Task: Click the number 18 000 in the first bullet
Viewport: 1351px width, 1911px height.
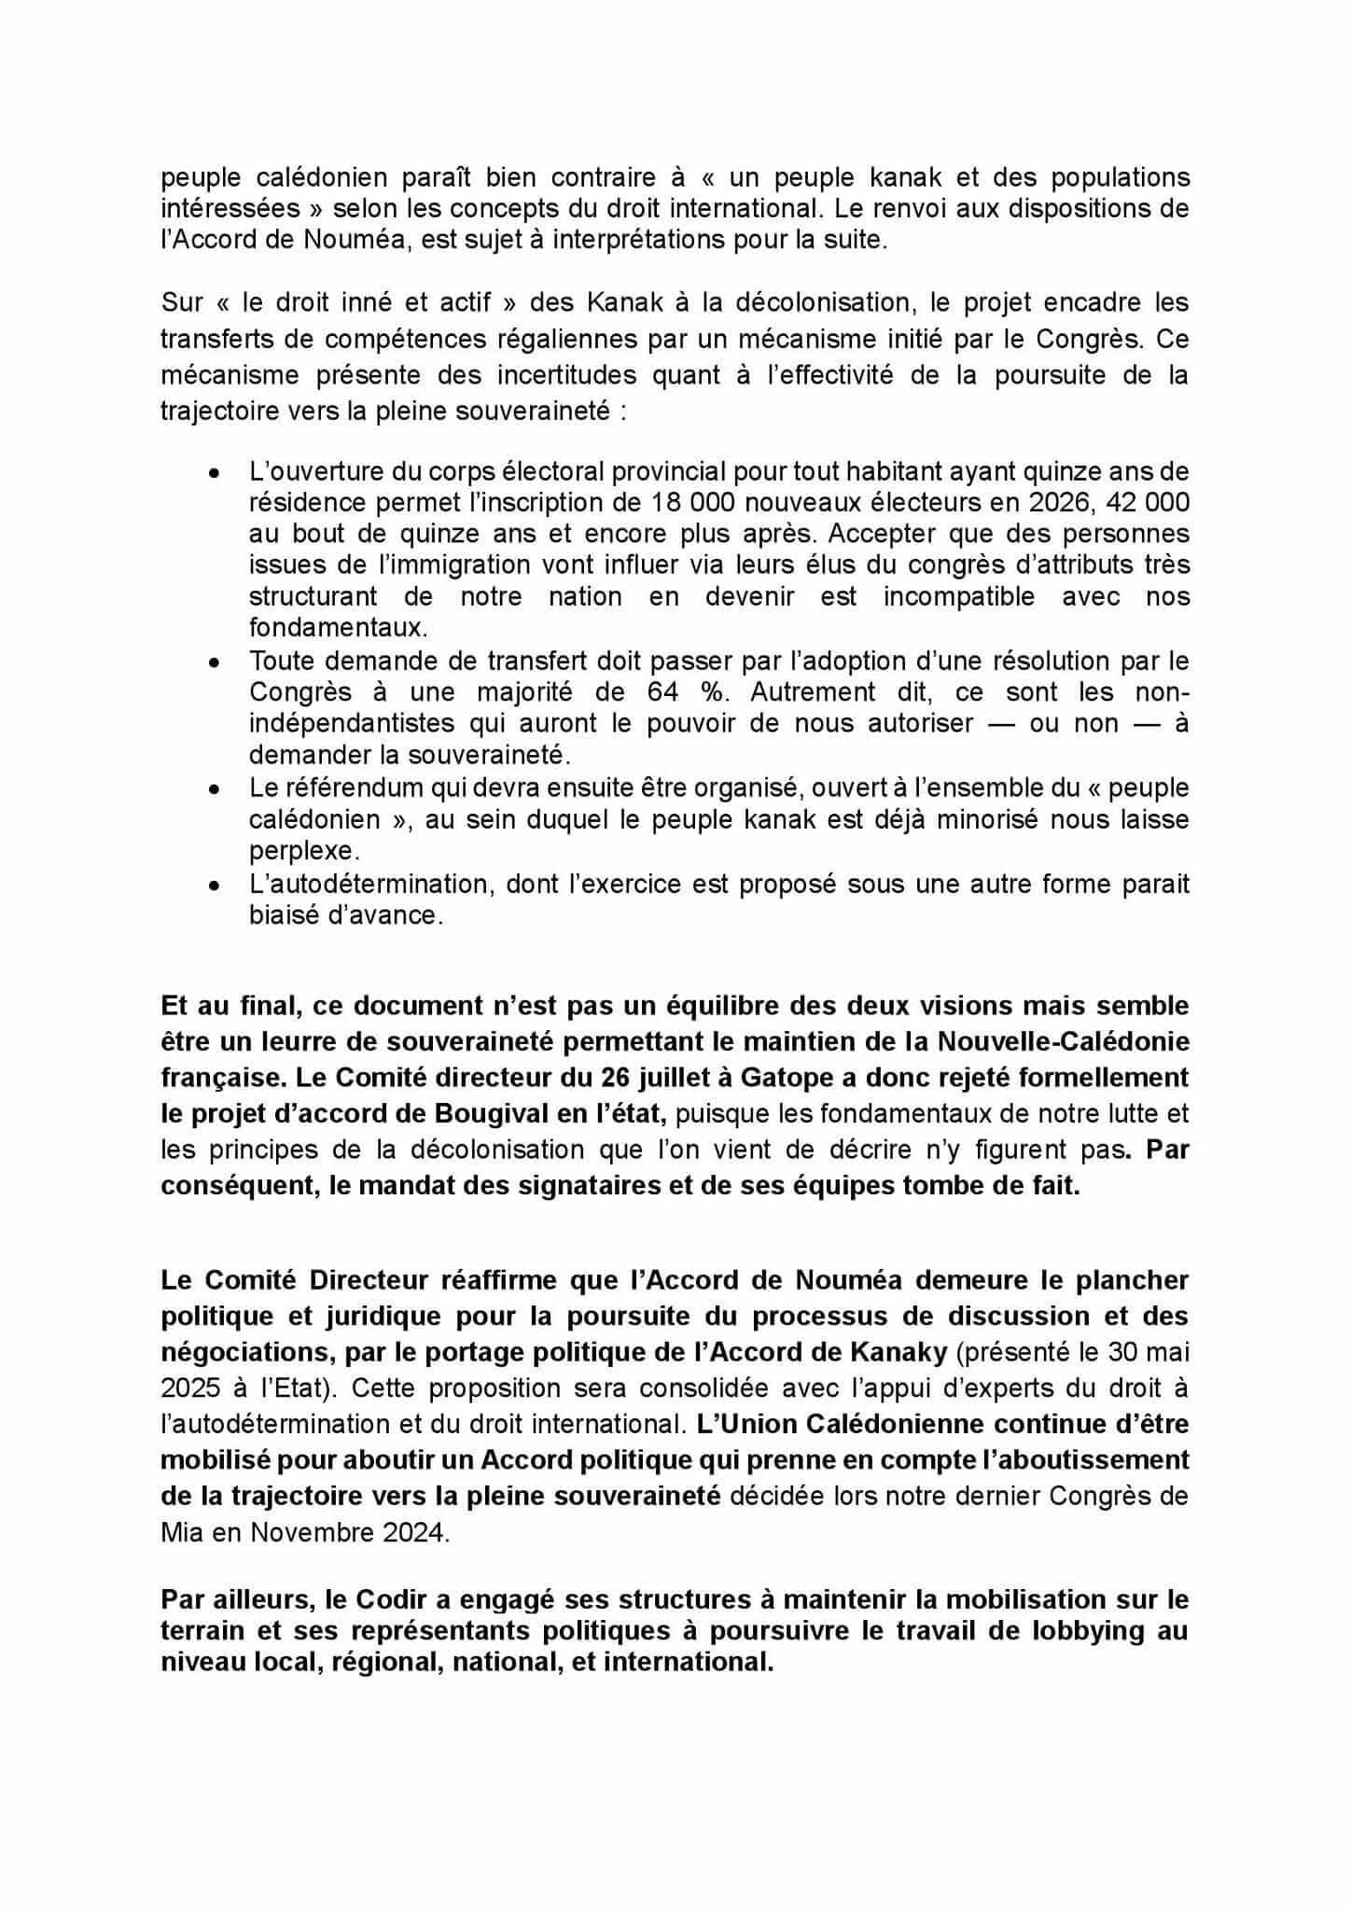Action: [681, 503]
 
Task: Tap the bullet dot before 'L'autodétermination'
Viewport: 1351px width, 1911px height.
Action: [215, 886]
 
